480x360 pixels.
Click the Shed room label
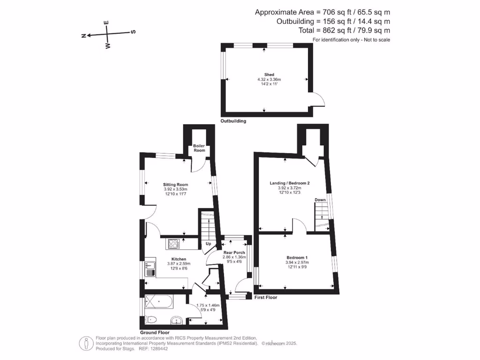[x=269, y=75]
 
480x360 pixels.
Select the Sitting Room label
[x=175, y=185]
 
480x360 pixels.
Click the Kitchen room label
[x=179, y=259]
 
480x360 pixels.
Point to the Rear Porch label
[x=234, y=253]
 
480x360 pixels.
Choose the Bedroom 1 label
[x=297, y=257]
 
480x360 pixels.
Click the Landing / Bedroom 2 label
[x=290, y=183]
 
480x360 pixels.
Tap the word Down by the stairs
[x=320, y=200]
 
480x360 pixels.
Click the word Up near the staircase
[x=208, y=244]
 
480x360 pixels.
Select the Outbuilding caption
[x=233, y=121]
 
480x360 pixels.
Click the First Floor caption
[x=266, y=298]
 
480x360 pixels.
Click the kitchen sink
[x=150, y=268]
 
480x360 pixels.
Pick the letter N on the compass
[x=83, y=36]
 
